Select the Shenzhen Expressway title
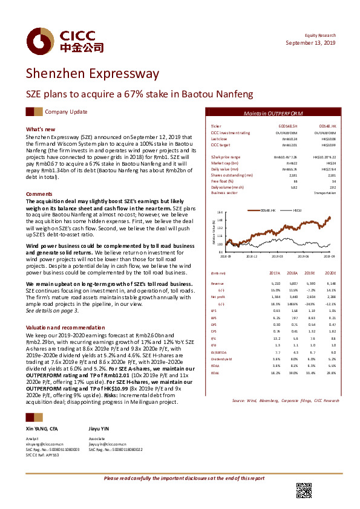point(92,74)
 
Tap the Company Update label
point(66,112)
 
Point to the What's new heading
point(41,129)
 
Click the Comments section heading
point(38,194)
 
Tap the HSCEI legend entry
point(297,210)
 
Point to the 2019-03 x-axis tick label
point(278,256)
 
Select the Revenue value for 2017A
point(275,283)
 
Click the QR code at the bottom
point(304,490)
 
